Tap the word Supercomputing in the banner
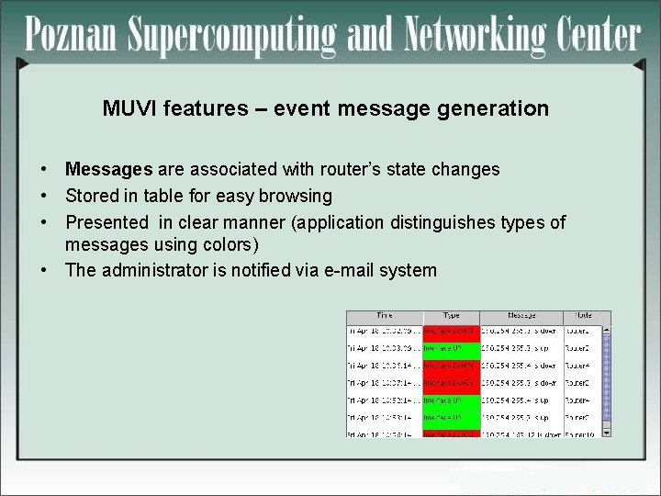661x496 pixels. (230, 37)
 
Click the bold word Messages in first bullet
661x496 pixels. (108, 169)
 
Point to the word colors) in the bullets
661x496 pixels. (230, 245)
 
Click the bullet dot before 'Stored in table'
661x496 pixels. (44, 196)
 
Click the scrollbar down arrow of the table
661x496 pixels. (605, 432)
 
